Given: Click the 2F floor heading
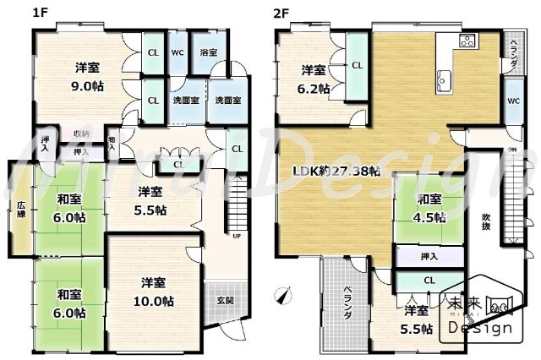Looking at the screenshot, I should click(x=281, y=13).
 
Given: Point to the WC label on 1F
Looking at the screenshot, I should click(x=177, y=52).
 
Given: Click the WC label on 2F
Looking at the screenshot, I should click(x=513, y=101).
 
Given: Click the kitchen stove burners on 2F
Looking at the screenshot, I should click(x=467, y=41).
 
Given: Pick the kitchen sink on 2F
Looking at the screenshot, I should click(x=443, y=81).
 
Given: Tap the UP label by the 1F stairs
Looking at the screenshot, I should click(x=236, y=236).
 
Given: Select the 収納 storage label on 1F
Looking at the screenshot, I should click(x=80, y=134).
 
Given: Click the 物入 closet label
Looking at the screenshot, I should click(x=112, y=142).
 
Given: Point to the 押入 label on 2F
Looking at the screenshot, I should click(x=429, y=257).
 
